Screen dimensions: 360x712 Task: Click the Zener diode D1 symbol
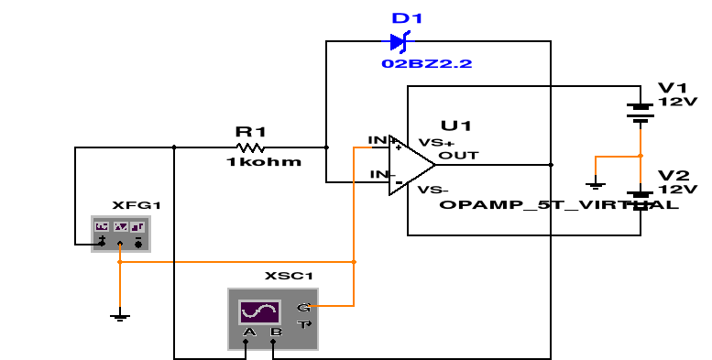399,41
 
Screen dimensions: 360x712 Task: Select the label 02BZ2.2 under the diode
414,64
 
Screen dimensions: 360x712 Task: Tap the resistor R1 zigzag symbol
250,147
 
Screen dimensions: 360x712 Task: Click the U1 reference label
455,125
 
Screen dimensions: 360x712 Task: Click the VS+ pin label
436,142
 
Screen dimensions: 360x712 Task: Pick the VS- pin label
433,190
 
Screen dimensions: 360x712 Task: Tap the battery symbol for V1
640,112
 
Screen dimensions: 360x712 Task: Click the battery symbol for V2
640,197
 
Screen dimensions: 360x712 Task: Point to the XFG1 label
130,205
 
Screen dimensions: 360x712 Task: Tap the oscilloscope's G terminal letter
303,308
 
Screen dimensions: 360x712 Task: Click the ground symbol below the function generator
119,317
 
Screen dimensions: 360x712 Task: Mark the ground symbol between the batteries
596,185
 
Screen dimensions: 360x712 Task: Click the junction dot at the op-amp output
551,165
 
